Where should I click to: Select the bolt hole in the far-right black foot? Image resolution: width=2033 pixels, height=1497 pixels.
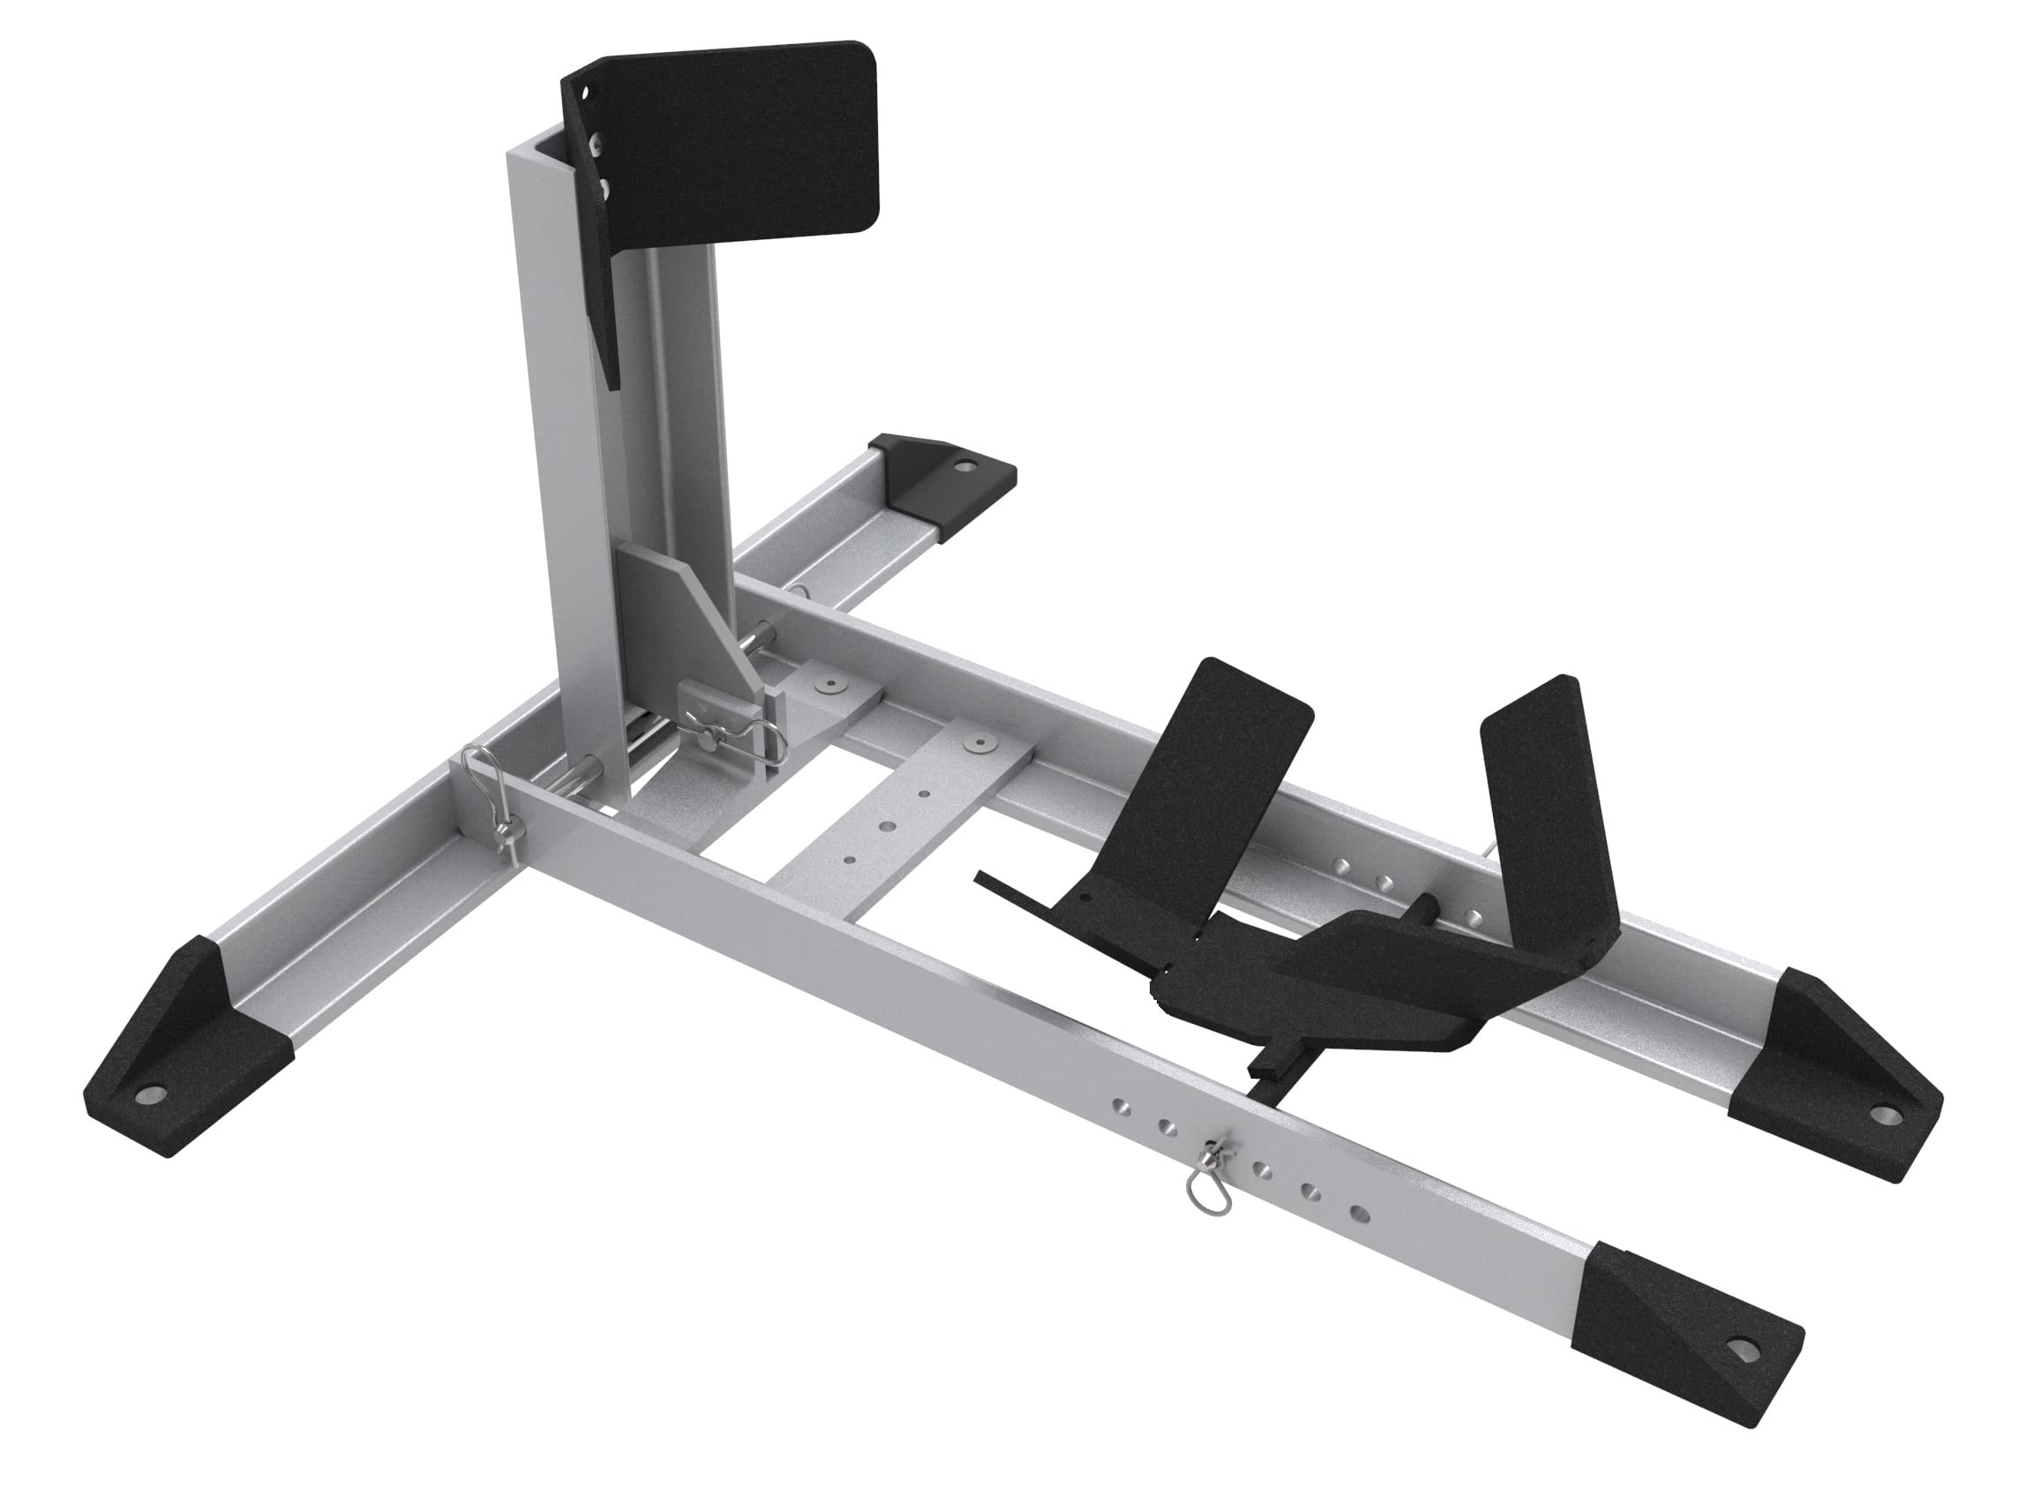coord(1886,1116)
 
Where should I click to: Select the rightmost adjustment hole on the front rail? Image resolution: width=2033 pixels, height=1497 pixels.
coord(1356,1212)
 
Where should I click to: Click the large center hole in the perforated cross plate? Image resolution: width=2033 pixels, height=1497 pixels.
coord(885,825)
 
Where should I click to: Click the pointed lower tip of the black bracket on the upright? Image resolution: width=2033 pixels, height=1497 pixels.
coord(612,380)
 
